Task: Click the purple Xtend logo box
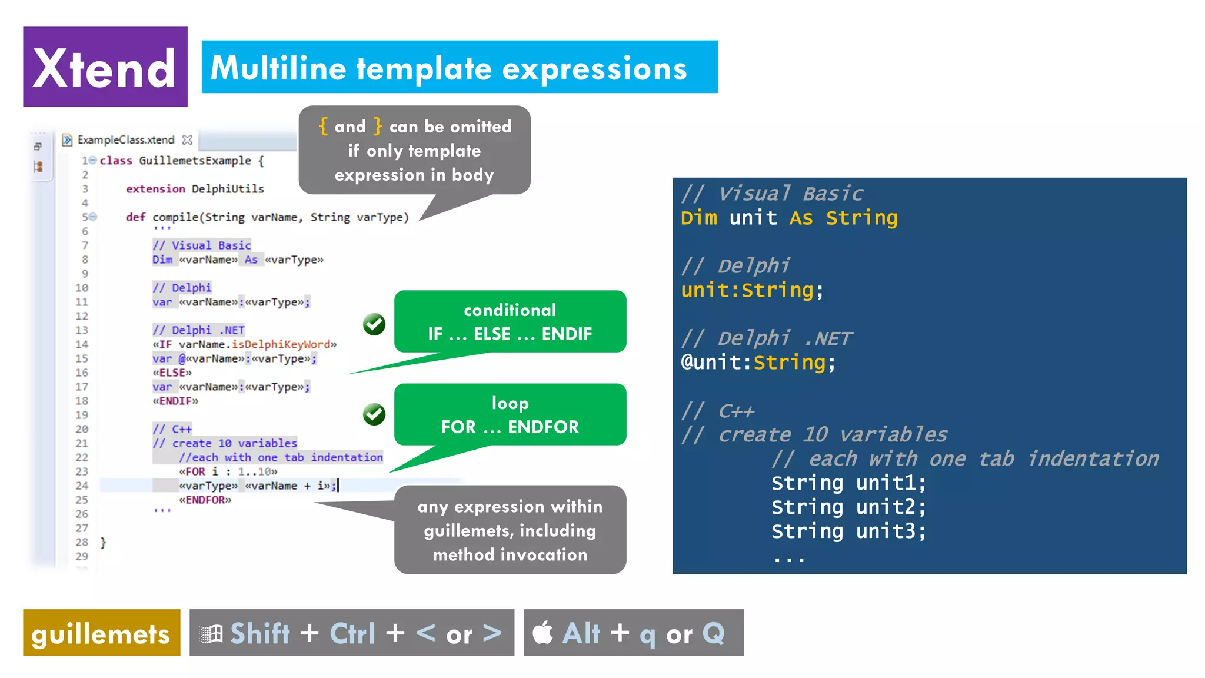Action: click(105, 67)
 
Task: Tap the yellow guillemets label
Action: click(101, 633)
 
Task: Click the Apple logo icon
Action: click(542, 633)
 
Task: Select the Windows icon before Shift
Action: click(211, 634)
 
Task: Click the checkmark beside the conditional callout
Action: click(374, 324)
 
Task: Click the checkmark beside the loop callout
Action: click(374, 414)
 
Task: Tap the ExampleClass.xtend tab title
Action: click(126, 139)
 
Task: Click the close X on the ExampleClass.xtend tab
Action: click(187, 139)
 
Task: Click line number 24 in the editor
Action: click(82, 486)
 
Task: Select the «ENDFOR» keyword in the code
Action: click(205, 500)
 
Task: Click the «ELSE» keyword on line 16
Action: click(172, 373)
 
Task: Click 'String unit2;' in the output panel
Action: click(848, 507)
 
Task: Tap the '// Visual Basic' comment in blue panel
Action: click(772, 194)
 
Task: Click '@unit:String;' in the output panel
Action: click(758, 362)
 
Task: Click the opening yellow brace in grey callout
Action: click(323, 126)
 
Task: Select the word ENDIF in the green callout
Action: click(566, 334)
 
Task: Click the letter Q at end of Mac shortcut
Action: click(714, 633)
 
